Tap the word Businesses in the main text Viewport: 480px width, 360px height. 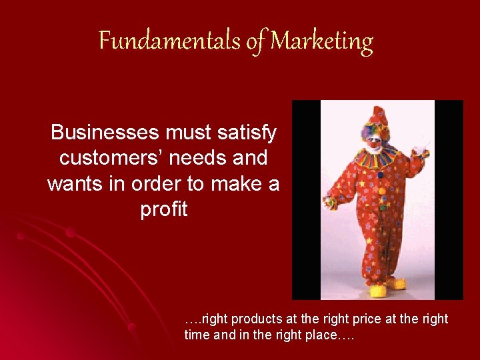click(105, 133)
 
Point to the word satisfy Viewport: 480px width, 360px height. click(244, 133)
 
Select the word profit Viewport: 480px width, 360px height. click(164, 209)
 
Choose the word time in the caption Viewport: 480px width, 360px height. click(197, 335)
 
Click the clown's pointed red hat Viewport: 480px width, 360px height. click(378, 116)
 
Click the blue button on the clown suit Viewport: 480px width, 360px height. click(381, 175)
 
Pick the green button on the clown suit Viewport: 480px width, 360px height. click(382, 207)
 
